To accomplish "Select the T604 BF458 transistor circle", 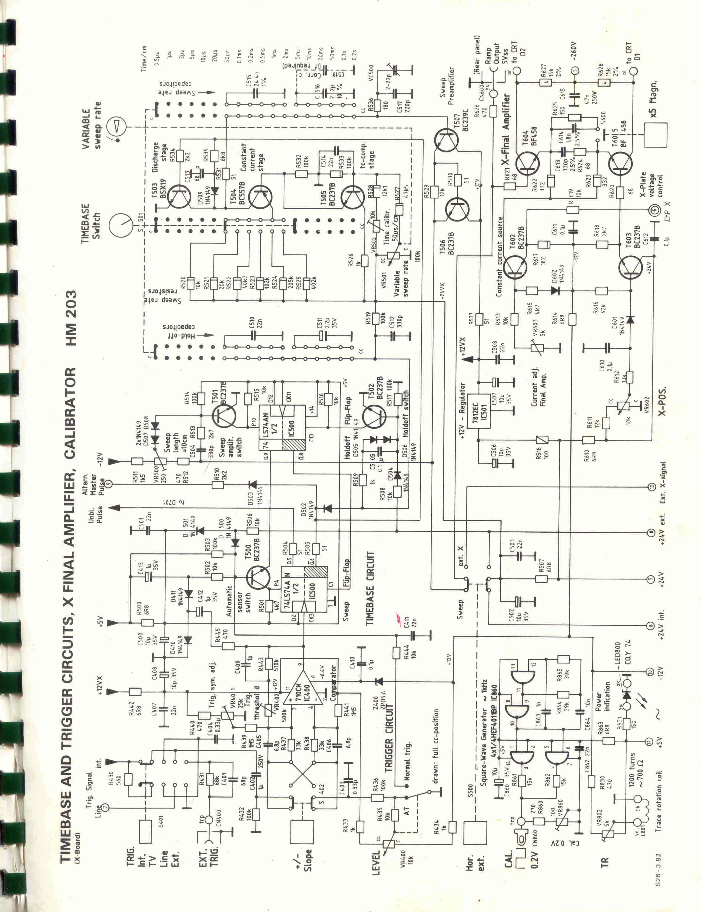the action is click(527, 164).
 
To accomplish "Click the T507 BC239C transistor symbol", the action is click(447, 141).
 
